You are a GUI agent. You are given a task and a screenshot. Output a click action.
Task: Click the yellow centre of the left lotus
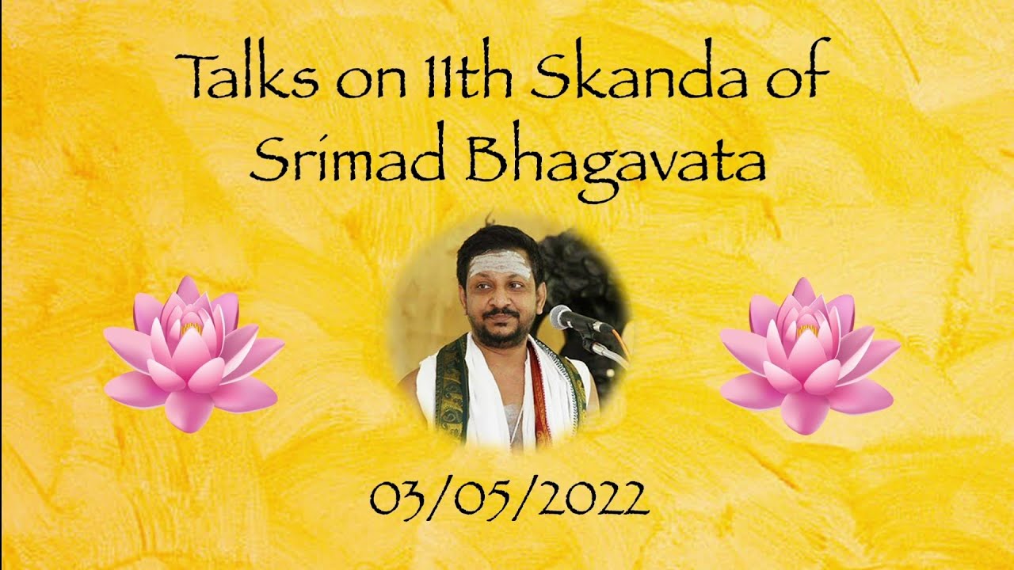point(191,327)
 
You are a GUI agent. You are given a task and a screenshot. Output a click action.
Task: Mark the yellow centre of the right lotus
point(807,327)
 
